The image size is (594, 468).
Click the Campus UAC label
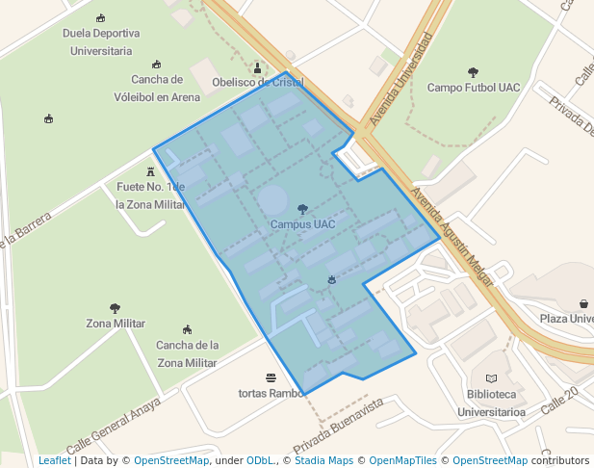(x=302, y=224)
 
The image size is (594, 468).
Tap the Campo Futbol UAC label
(x=474, y=88)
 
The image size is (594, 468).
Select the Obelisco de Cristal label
(x=257, y=83)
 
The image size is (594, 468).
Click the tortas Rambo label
(x=271, y=393)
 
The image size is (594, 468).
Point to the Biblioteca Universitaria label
(x=491, y=403)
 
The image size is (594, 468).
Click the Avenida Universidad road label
(x=401, y=78)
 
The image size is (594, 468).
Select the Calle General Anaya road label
(x=114, y=429)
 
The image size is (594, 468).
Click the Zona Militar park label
(x=116, y=324)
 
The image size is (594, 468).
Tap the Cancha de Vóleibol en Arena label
(x=158, y=88)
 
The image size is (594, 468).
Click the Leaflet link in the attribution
(x=54, y=460)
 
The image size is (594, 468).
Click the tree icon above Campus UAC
(x=302, y=209)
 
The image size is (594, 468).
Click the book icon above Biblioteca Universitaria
(x=491, y=378)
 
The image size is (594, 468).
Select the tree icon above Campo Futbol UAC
(x=473, y=72)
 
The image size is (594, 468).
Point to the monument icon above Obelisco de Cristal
(x=257, y=67)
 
